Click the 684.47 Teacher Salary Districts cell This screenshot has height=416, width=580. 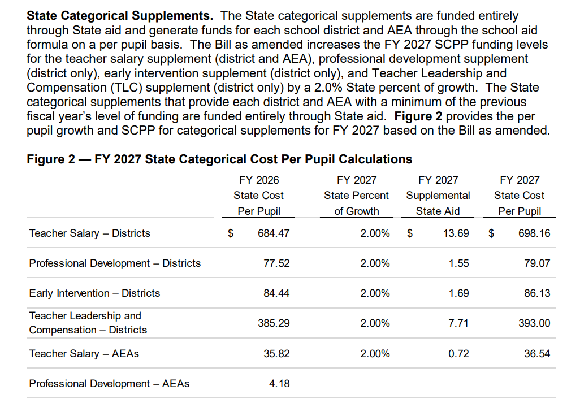[274, 233]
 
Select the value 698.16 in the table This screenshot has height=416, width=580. [534, 233]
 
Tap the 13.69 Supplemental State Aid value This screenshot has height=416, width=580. [455, 233]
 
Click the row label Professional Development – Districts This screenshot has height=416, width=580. [115, 263]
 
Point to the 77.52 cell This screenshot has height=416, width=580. [276, 263]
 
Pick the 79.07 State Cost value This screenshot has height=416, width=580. [537, 263]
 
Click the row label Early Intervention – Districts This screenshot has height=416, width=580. [94, 293]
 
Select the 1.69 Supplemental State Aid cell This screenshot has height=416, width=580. [458, 293]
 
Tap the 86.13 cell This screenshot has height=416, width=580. [537, 293]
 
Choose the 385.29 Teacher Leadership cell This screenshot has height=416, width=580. [274, 323]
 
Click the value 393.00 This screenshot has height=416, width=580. [534, 323]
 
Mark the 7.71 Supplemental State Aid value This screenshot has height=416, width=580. [458, 323]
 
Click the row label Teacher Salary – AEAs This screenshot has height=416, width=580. [84, 354]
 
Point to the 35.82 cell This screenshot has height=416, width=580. [276, 354]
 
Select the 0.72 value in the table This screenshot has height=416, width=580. [458, 354]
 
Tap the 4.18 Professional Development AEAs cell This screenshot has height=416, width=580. [279, 384]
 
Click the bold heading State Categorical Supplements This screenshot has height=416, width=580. [120, 16]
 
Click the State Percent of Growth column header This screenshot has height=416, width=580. [356, 196]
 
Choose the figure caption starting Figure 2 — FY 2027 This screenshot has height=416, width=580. [219, 159]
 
